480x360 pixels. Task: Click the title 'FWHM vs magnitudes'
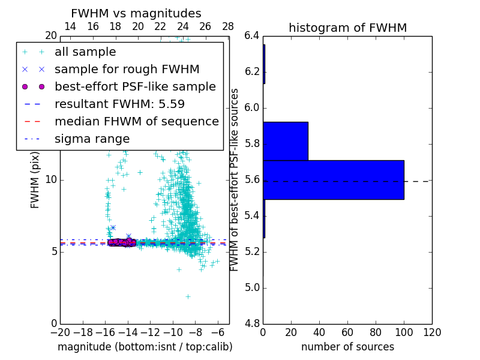coord(136,13)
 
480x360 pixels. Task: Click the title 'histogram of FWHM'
coord(347,28)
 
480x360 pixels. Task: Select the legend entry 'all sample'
coord(85,52)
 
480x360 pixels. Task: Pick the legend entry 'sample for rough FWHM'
coord(127,69)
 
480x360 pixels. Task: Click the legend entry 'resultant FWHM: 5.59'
coord(119,104)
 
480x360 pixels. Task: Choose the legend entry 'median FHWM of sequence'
coord(136,121)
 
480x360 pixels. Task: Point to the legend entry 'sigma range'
coord(92,139)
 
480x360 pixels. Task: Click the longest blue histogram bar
coord(334,179)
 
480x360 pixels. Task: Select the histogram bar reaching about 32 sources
coord(286,141)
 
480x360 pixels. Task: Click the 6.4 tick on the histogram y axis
coord(252,36)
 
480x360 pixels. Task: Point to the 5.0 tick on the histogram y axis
coord(252,287)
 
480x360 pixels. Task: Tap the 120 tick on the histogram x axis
coord(431,332)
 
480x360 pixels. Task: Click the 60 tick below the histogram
coord(347,332)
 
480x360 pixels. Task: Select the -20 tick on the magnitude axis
coord(60,332)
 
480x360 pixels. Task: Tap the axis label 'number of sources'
coord(347,347)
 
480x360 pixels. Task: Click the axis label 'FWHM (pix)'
coord(35,179)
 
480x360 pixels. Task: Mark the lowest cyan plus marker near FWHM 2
coord(188,296)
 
